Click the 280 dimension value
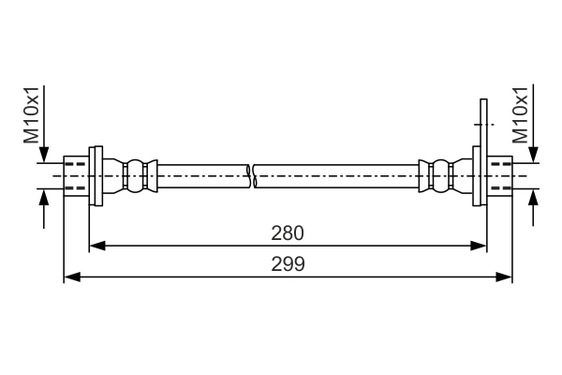[288, 232]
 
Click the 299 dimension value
[288, 264]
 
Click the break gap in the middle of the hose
[252, 174]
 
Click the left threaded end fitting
[75, 175]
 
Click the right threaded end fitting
[500, 175]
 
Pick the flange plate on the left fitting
[96, 175]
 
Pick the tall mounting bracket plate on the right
[482, 155]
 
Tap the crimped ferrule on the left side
[137, 175]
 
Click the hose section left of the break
[201, 175]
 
